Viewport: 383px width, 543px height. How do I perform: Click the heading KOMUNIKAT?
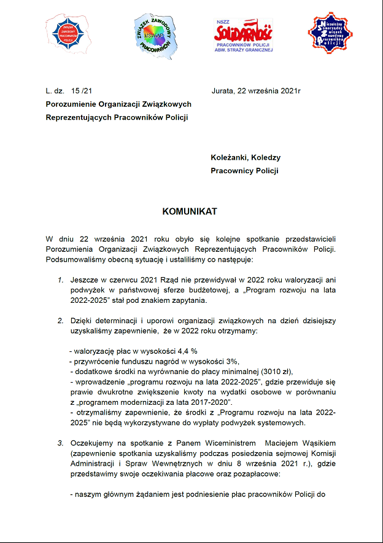(190, 211)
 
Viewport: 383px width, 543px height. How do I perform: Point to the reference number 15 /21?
(82, 91)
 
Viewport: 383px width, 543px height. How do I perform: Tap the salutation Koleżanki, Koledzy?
(246, 157)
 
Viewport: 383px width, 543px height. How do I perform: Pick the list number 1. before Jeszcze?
(61, 280)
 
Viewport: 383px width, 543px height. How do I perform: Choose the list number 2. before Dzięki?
(61, 321)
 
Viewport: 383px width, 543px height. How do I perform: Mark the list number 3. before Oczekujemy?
(61, 442)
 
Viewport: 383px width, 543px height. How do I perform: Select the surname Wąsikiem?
(317, 442)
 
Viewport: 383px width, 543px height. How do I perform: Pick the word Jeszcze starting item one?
(83, 280)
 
